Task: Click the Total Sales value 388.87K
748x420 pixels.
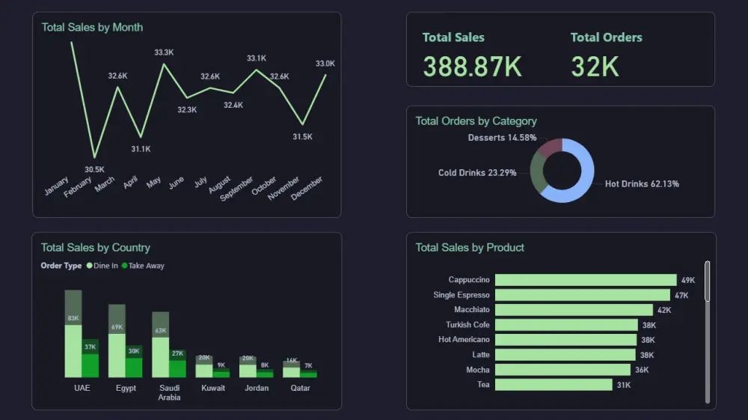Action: coord(472,67)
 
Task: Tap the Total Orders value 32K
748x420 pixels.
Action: coord(595,67)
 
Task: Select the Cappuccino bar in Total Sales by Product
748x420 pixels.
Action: coord(585,280)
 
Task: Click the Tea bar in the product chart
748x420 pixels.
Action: coord(553,385)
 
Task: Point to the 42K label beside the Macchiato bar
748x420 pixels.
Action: coord(663,310)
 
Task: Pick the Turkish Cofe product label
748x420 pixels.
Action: coord(467,325)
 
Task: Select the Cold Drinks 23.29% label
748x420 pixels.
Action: coord(476,173)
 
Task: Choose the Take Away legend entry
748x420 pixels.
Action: coord(143,266)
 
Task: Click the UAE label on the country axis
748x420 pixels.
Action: coord(82,389)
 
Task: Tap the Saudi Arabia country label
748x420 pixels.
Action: coord(169,392)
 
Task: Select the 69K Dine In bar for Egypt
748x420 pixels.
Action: coord(117,352)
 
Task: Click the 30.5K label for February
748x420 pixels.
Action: coord(94,169)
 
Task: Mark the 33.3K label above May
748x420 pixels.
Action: coord(164,52)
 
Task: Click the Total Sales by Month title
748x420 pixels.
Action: coord(92,27)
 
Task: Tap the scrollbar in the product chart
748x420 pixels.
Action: coord(707,281)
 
